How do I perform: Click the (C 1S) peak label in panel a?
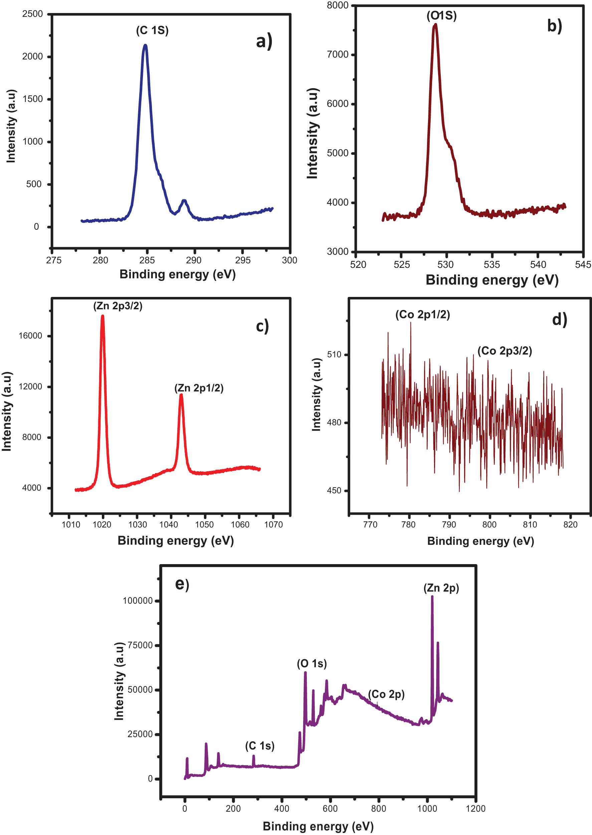click(152, 30)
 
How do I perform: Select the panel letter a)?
click(263, 41)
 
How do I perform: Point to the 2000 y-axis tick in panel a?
click(32, 56)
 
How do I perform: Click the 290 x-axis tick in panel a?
click(194, 260)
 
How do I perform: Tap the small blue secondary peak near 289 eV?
click(184, 201)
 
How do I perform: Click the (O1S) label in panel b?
click(441, 16)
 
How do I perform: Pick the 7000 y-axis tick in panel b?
click(338, 55)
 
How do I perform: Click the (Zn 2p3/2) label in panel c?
click(118, 306)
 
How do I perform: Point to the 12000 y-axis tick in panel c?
click(31, 386)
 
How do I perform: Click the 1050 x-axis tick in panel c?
click(204, 524)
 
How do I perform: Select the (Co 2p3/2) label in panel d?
click(505, 351)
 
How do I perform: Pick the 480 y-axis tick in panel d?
click(334, 423)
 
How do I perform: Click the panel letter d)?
click(559, 320)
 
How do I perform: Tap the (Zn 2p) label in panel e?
click(441, 588)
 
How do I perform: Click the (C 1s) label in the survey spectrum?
click(259, 746)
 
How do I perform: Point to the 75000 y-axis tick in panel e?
click(140, 645)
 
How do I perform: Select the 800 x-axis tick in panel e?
click(378, 808)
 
